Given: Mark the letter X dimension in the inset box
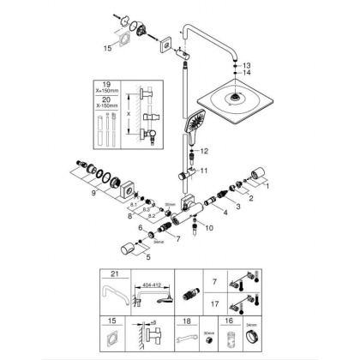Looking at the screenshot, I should coord(128,117).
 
